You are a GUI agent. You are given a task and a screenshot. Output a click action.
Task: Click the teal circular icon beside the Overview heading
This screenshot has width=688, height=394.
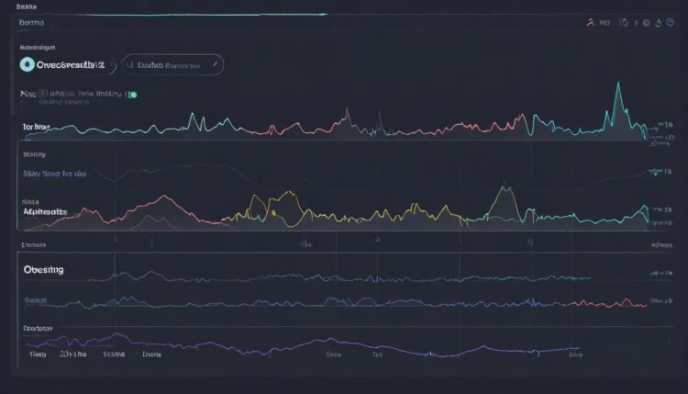pos(28,64)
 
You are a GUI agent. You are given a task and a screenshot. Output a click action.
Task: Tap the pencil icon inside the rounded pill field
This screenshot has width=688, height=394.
pos(214,64)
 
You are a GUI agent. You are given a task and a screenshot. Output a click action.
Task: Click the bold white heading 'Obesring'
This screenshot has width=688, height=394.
pos(43,271)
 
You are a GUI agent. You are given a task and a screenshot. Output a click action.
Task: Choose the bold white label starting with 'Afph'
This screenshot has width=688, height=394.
pos(45,210)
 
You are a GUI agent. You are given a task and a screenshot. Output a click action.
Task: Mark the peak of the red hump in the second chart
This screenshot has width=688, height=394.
pos(162,197)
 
